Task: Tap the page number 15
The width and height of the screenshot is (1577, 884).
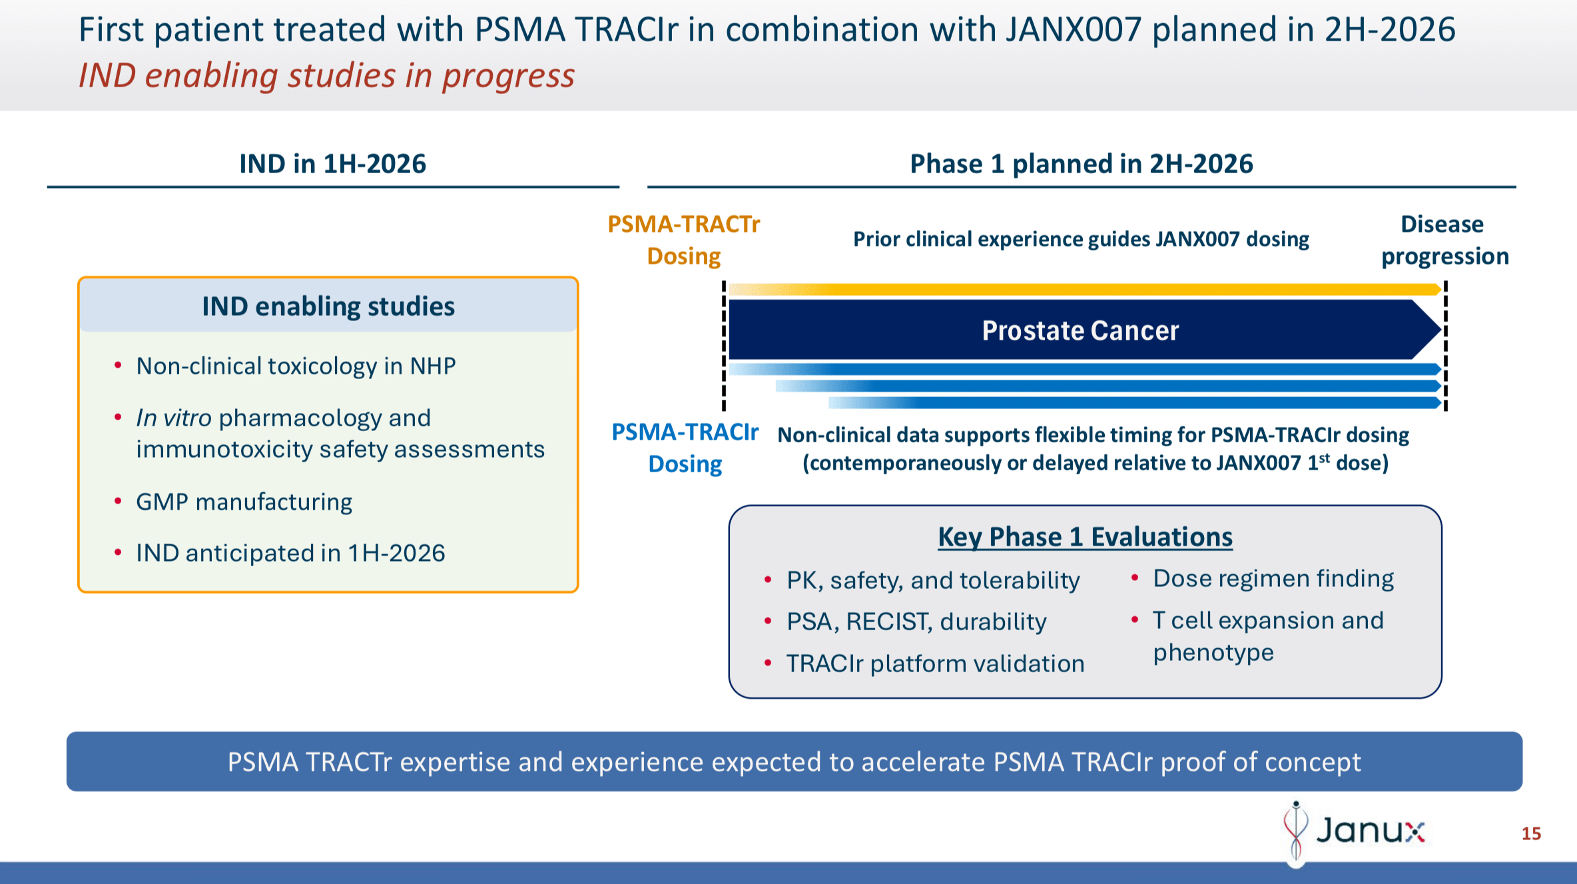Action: pos(1531,833)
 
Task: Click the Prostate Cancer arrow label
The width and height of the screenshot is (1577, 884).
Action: pos(1080,330)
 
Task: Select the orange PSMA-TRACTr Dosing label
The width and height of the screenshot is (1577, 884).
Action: pos(684,240)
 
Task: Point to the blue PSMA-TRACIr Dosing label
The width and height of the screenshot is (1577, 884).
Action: pos(685,448)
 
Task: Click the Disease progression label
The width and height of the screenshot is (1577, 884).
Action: pos(1444,240)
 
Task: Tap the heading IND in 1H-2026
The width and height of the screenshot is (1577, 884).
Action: pos(332,164)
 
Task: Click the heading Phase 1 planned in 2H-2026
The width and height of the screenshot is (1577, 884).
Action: pos(1081,164)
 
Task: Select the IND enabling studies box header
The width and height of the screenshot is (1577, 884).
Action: pos(328,306)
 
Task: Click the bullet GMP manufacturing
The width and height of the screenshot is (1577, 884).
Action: pos(244,502)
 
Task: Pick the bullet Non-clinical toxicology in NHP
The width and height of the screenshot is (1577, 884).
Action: pos(296,366)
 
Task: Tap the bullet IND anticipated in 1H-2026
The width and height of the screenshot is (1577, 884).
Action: pos(290,553)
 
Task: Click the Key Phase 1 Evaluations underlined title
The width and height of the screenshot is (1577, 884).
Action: pos(1085,537)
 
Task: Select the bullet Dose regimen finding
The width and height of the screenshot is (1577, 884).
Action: pos(1273,578)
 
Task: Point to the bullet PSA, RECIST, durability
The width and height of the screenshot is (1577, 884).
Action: pos(916,622)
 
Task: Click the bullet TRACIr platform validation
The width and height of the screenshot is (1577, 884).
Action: pos(935,663)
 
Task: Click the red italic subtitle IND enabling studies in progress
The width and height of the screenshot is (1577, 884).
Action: pos(326,75)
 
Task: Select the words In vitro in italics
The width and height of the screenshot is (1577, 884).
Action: pos(174,418)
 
